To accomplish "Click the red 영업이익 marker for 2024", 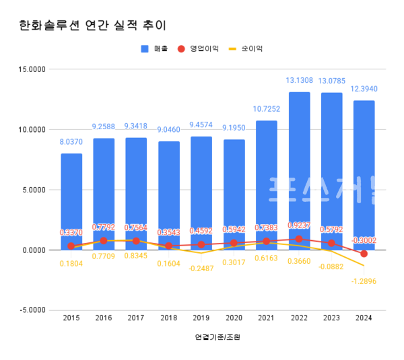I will (364, 254).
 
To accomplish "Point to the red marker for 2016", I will (104, 240).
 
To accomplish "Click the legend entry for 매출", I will (155, 49).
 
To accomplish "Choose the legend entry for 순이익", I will (246, 49).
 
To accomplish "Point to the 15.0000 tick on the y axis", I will (31, 69).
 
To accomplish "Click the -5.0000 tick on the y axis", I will (31, 310).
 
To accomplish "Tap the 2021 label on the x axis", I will (266, 318).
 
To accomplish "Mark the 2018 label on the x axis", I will (168, 318).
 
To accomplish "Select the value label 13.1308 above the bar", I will (299, 81).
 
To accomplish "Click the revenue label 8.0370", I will (71, 143).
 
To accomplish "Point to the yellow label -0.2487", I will (201, 268).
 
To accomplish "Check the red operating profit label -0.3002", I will (364, 240).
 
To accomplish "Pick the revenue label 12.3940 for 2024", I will (364, 89).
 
